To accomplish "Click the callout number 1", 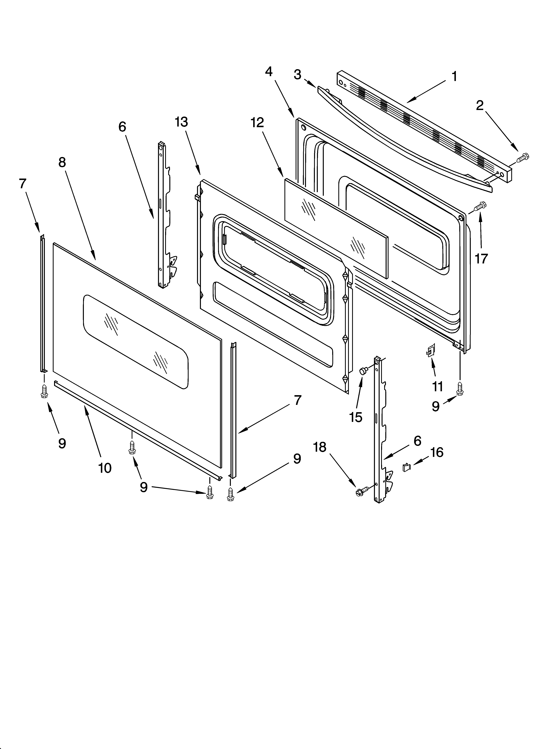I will tap(454, 77).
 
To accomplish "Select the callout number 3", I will tap(297, 75).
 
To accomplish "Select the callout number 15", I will tap(356, 417).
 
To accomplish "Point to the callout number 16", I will tap(437, 452).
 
